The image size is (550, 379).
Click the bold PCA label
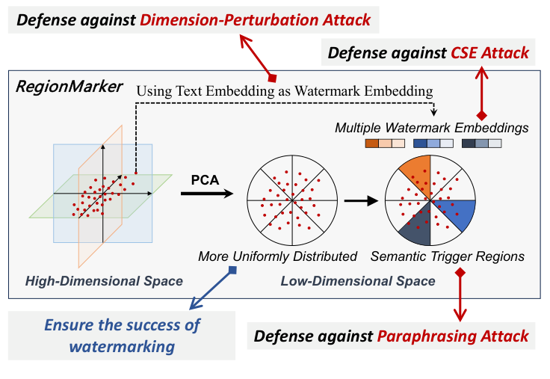tap(205, 180)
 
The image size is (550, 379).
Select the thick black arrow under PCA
tap(207, 194)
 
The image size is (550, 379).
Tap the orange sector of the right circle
tap(418, 175)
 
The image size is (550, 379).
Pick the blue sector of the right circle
tap(455, 213)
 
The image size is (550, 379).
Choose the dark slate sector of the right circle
tap(418, 227)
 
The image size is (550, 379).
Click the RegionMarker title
tap(69, 87)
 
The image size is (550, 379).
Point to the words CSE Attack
tap(489, 53)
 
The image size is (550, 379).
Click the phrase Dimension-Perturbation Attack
tap(255, 20)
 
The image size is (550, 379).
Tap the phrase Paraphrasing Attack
tap(453, 336)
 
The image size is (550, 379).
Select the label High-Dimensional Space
tap(104, 281)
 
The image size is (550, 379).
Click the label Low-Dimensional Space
tap(358, 281)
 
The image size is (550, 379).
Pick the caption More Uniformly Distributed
tap(277, 256)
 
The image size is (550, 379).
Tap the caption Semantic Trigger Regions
tap(447, 256)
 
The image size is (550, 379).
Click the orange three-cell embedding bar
tap(385, 144)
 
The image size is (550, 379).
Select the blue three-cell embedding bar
tap(433, 144)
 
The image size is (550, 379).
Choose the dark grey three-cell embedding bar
tap(481, 144)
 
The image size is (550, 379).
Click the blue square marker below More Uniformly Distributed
tap(232, 270)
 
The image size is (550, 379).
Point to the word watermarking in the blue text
tap(122, 347)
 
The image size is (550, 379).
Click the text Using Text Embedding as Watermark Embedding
tap(285, 91)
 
